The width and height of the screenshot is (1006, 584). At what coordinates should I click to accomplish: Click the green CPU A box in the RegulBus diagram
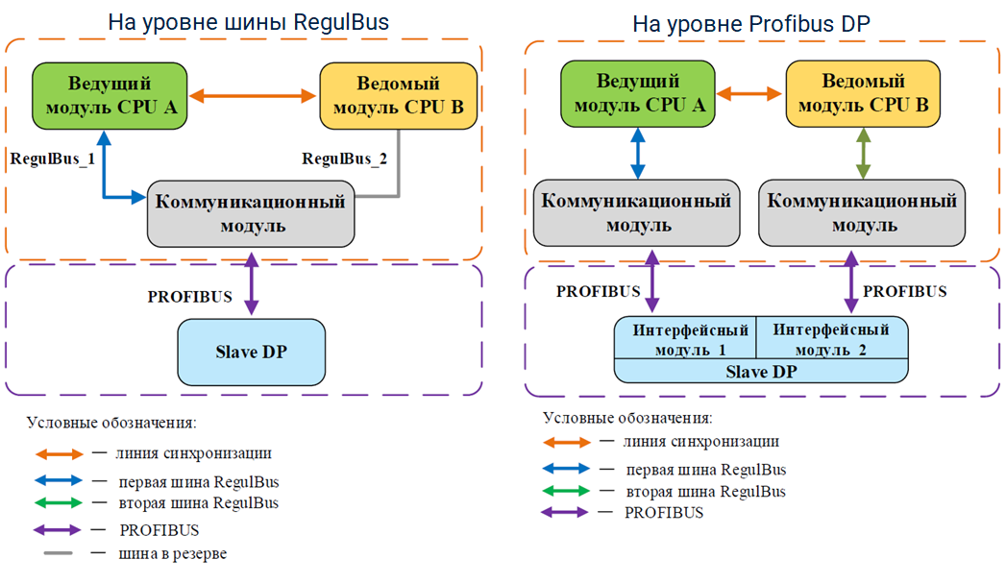point(110,95)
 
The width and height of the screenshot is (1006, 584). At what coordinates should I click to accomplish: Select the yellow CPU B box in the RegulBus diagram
point(398,95)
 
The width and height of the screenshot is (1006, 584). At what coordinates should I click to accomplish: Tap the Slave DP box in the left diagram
point(252,352)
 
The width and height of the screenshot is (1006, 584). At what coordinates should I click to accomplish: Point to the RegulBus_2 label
point(345,158)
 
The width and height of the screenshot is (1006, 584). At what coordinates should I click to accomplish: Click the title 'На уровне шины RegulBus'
point(248,22)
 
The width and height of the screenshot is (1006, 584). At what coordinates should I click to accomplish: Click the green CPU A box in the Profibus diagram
point(638,93)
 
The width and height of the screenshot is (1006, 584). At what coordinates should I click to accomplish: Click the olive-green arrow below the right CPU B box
point(863,154)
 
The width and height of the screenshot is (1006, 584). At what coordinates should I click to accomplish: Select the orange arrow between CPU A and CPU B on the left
point(254,95)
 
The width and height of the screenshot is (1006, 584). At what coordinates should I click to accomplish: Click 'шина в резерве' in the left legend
point(172,553)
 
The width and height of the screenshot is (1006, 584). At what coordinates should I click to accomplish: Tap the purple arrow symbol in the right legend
point(565,512)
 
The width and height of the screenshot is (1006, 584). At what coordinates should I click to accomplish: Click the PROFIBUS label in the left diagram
point(190,296)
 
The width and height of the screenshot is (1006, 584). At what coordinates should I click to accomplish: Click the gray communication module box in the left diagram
point(251,212)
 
